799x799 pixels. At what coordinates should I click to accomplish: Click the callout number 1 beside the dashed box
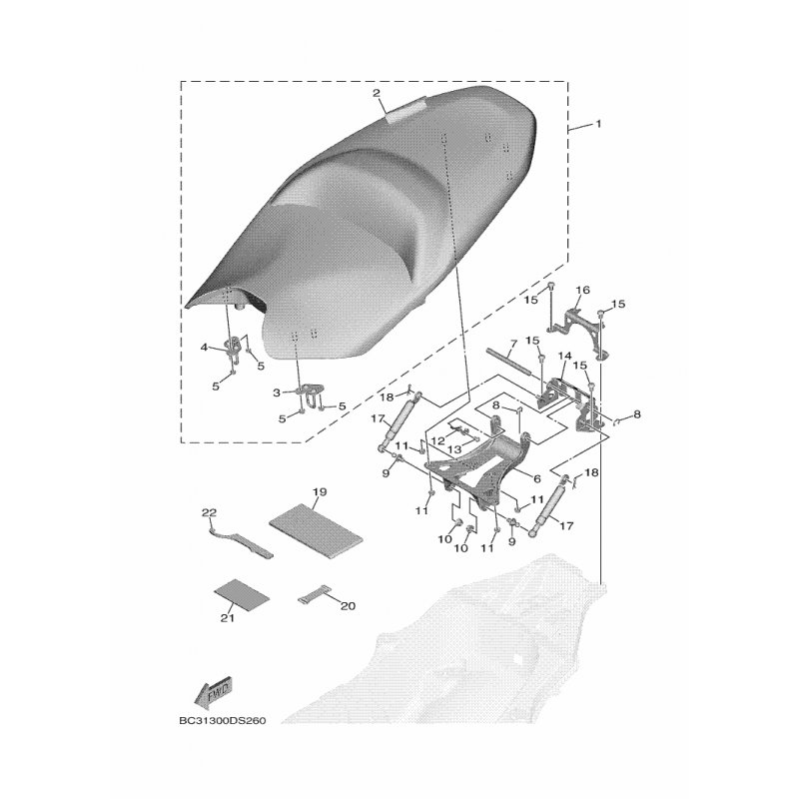[x=598, y=124]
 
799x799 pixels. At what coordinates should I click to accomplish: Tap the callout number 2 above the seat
[x=377, y=93]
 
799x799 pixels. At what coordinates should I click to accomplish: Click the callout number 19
[x=320, y=492]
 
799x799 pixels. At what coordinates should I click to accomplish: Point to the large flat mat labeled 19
[x=317, y=531]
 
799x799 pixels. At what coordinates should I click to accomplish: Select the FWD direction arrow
[x=213, y=692]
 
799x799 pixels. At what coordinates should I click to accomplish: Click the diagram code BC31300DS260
[x=223, y=721]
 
